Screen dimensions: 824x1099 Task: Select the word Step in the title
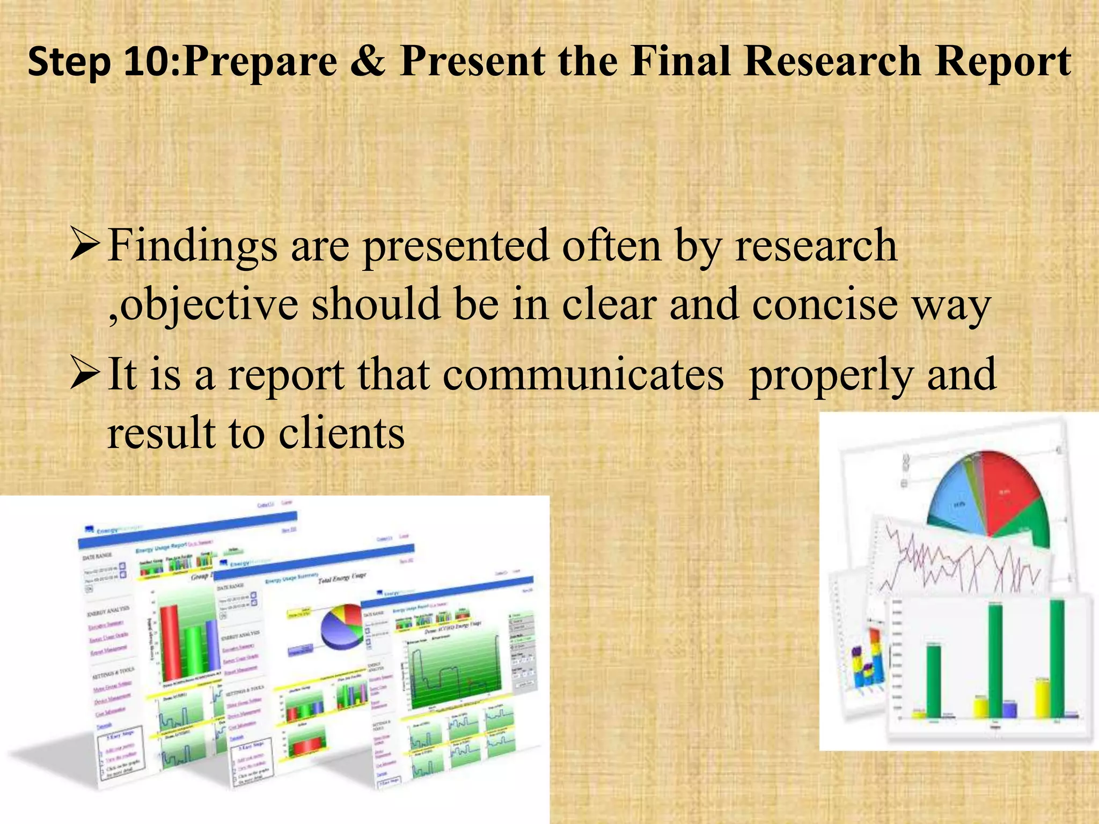click(x=69, y=62)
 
